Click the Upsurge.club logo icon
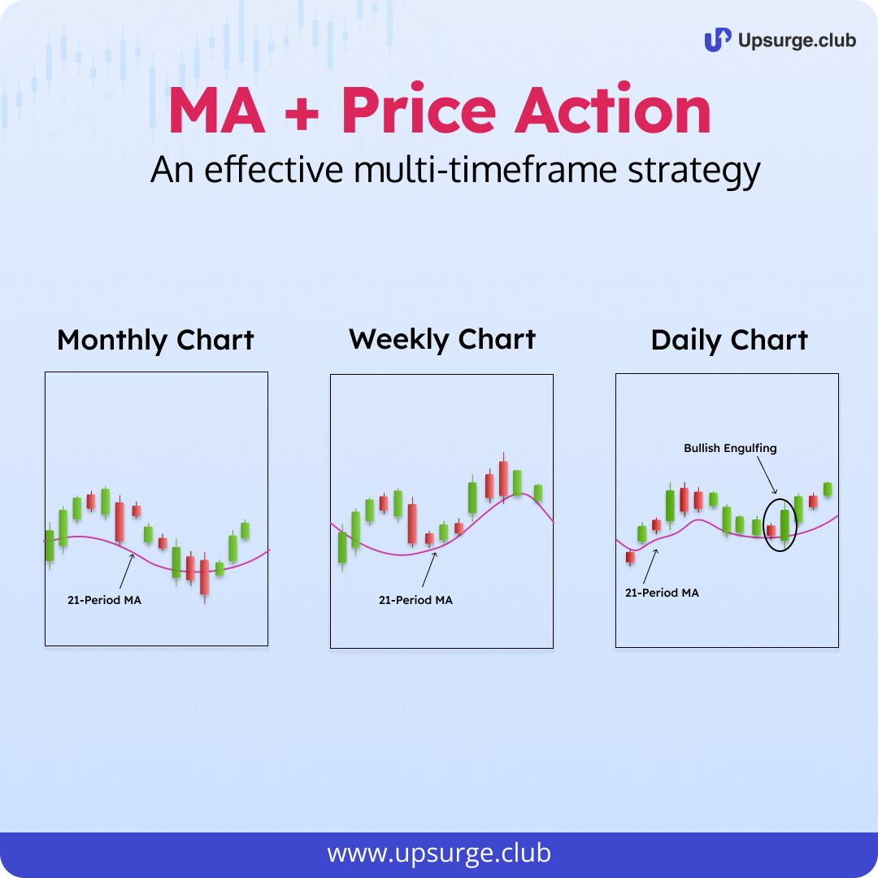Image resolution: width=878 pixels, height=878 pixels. tap(717, 40)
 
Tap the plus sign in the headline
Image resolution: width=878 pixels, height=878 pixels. tap(302, 115)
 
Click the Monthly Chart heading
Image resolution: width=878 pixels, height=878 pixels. tap(155, 341)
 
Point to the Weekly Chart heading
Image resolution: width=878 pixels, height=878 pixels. tap(441, 339)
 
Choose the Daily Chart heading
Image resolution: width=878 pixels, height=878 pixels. tap(729, 341)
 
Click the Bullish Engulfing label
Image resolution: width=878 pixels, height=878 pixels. tap(730, 448)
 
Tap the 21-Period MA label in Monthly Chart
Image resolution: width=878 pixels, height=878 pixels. tap(105, 600)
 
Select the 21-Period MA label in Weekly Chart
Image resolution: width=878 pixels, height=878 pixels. tap(415, 600)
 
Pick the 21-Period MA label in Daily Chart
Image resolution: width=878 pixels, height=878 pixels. tap(662, 593)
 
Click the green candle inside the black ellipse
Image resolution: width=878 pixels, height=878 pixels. tap(785, 524)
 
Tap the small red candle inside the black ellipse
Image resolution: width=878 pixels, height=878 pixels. tap(771, 530)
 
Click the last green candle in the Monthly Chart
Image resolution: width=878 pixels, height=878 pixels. tap(245, 530)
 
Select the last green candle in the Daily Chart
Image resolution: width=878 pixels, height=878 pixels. tap(827, 489)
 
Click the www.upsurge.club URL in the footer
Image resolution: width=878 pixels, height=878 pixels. tap(439, 854)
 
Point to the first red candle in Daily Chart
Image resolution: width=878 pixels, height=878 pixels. tap(631, 558)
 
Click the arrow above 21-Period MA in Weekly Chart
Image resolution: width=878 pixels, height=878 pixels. tap(429, 569)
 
